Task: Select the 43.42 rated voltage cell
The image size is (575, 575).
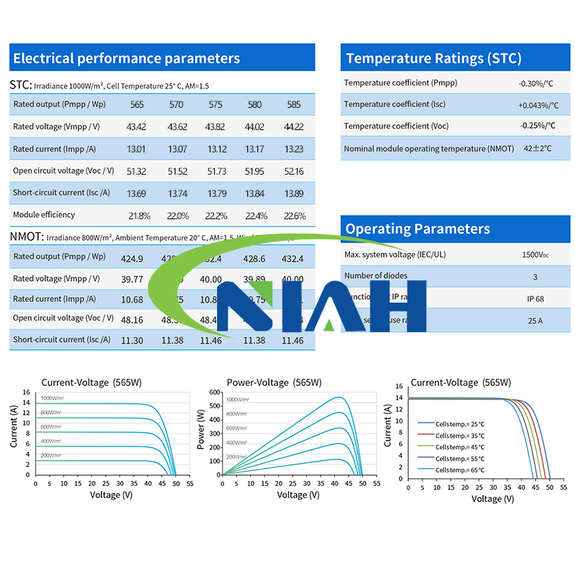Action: coord(137,127)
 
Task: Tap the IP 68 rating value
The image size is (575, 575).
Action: coord(535,298)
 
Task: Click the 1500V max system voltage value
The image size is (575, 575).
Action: coord(535,254)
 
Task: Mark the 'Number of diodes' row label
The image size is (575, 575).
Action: coord(376,276)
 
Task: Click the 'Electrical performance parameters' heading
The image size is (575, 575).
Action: coord(126,58)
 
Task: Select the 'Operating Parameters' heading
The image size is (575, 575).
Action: coord(418,229)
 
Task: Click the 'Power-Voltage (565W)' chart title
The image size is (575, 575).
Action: coord(274,382)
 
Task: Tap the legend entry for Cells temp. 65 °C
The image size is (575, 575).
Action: coord(459,470)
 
